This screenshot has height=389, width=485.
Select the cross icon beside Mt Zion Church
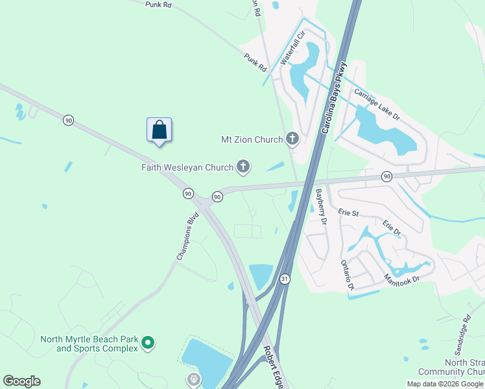(292, 138)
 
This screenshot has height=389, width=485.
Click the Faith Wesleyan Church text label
(187, 168)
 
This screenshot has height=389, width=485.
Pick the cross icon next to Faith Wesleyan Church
(243, 167)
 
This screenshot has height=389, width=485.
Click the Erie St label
(348, 212)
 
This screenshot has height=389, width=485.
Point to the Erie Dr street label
(392, 228)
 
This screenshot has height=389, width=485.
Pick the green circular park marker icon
(148, 342)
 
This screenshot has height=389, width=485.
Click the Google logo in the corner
(21, 381)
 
